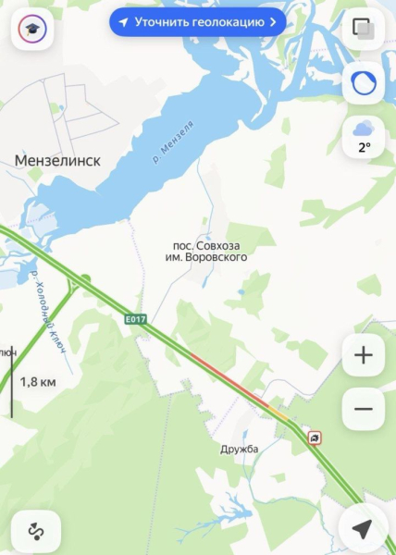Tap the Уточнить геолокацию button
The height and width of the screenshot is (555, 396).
point(197,21)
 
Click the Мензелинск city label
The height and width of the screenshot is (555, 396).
point(57,160)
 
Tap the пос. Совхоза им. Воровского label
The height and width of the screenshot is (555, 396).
point(210,251)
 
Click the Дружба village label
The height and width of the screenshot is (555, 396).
point(240,450)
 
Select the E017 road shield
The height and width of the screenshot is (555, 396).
point(136,320)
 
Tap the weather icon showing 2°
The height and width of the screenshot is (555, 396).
point(364,135)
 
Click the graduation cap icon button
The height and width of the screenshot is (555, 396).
point(31,31)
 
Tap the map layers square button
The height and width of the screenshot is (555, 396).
point(364,31)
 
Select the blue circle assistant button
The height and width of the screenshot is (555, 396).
point(364,83)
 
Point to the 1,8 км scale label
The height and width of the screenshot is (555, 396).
point(38,381)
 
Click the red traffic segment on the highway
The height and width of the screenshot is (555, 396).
point(227,379)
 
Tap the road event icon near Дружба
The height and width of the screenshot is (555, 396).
point(316,438)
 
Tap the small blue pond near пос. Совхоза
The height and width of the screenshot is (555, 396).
point(241,291)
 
